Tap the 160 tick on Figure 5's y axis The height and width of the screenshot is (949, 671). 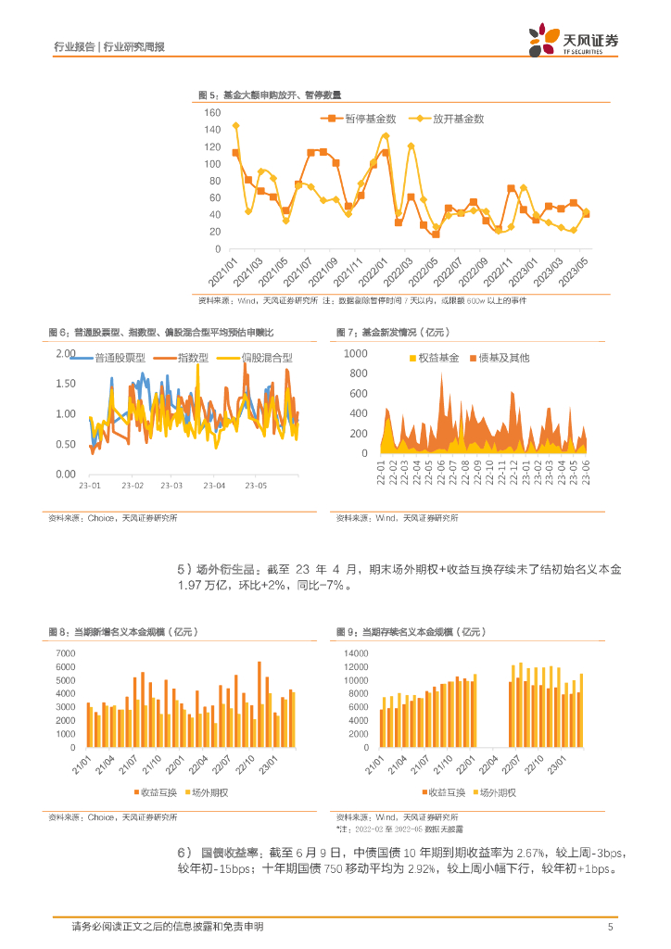pyautogui.click(x=212, y=112)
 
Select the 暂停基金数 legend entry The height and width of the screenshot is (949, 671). pyautogui.click(x=364, y=119)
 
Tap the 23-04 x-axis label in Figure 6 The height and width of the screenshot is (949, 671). pyautogui.click(x=215, y=485)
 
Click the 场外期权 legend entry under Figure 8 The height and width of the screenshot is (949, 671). pyautogui.click(x=210, y=792)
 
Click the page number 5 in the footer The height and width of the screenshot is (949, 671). pyautogui.click(x=610, y=927)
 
